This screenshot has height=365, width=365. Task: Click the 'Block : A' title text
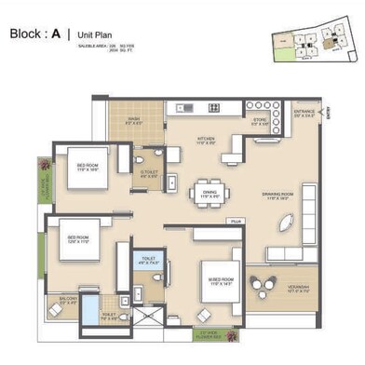click(35, 34)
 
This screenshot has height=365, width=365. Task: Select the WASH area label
click(133, 120)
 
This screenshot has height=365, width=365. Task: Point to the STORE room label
click(261, 121)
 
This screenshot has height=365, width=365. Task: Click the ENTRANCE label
click(304, 114)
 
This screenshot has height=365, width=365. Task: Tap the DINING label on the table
click(210, 194)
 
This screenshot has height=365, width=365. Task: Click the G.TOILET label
click(148, 173)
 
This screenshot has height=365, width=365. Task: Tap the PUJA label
click(237, 222)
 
